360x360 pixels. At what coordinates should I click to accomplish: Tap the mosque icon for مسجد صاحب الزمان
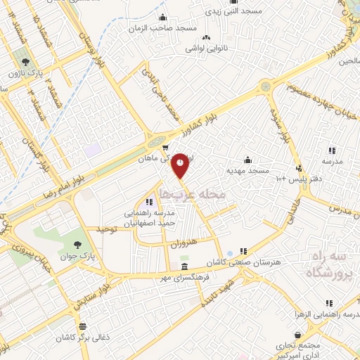(164, 18)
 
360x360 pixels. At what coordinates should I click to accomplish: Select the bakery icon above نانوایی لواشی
(206, 38)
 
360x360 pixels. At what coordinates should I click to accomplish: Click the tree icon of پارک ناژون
(25, 62)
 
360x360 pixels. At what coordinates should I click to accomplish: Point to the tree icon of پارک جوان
(77, 245)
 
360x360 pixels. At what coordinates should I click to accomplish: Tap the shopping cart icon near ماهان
(165, 148)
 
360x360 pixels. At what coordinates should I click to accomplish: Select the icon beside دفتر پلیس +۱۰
(300, 167)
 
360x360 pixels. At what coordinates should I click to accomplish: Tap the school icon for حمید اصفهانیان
(148, 202)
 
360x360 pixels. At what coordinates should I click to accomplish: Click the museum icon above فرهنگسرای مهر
(184, 267)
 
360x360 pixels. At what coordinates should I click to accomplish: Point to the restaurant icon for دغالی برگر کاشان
(84, 326)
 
